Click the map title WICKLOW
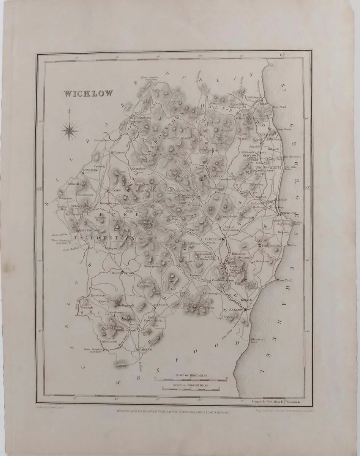tap(88, 93)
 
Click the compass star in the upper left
tap(69, 129)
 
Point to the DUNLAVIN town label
tap(89, 171)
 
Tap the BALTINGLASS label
tap(90, 230)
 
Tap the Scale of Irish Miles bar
tap(191, 378)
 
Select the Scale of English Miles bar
tap(191, 388)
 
